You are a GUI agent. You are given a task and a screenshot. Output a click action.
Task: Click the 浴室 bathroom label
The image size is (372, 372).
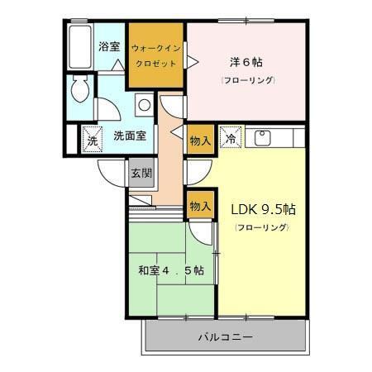[108, 47]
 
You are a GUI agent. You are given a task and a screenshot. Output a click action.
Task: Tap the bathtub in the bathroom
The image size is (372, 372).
[80, 47]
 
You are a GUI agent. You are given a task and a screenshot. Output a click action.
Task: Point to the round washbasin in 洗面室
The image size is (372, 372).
[144, 105]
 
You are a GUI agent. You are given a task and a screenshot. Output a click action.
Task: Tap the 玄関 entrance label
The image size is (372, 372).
[141, 173]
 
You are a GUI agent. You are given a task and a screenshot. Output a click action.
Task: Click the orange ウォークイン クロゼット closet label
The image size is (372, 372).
[155, 55]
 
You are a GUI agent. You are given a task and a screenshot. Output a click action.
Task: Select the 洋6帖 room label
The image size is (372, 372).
[246, 61]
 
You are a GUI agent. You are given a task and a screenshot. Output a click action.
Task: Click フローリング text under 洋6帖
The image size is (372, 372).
[247, 80]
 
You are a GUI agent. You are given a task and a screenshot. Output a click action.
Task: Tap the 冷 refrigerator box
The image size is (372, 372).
[231, 137]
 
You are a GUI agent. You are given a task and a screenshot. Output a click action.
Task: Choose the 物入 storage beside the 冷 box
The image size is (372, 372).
[200, 140]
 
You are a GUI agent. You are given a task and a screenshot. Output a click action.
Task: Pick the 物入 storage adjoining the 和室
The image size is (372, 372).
[200, 205]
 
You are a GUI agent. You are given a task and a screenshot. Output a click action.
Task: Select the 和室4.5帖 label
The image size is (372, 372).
[170, 270]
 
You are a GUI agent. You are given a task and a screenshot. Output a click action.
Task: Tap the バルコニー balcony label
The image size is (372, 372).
[225, 337]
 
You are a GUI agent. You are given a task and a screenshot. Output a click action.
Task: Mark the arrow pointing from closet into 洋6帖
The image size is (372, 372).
[192, 60]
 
